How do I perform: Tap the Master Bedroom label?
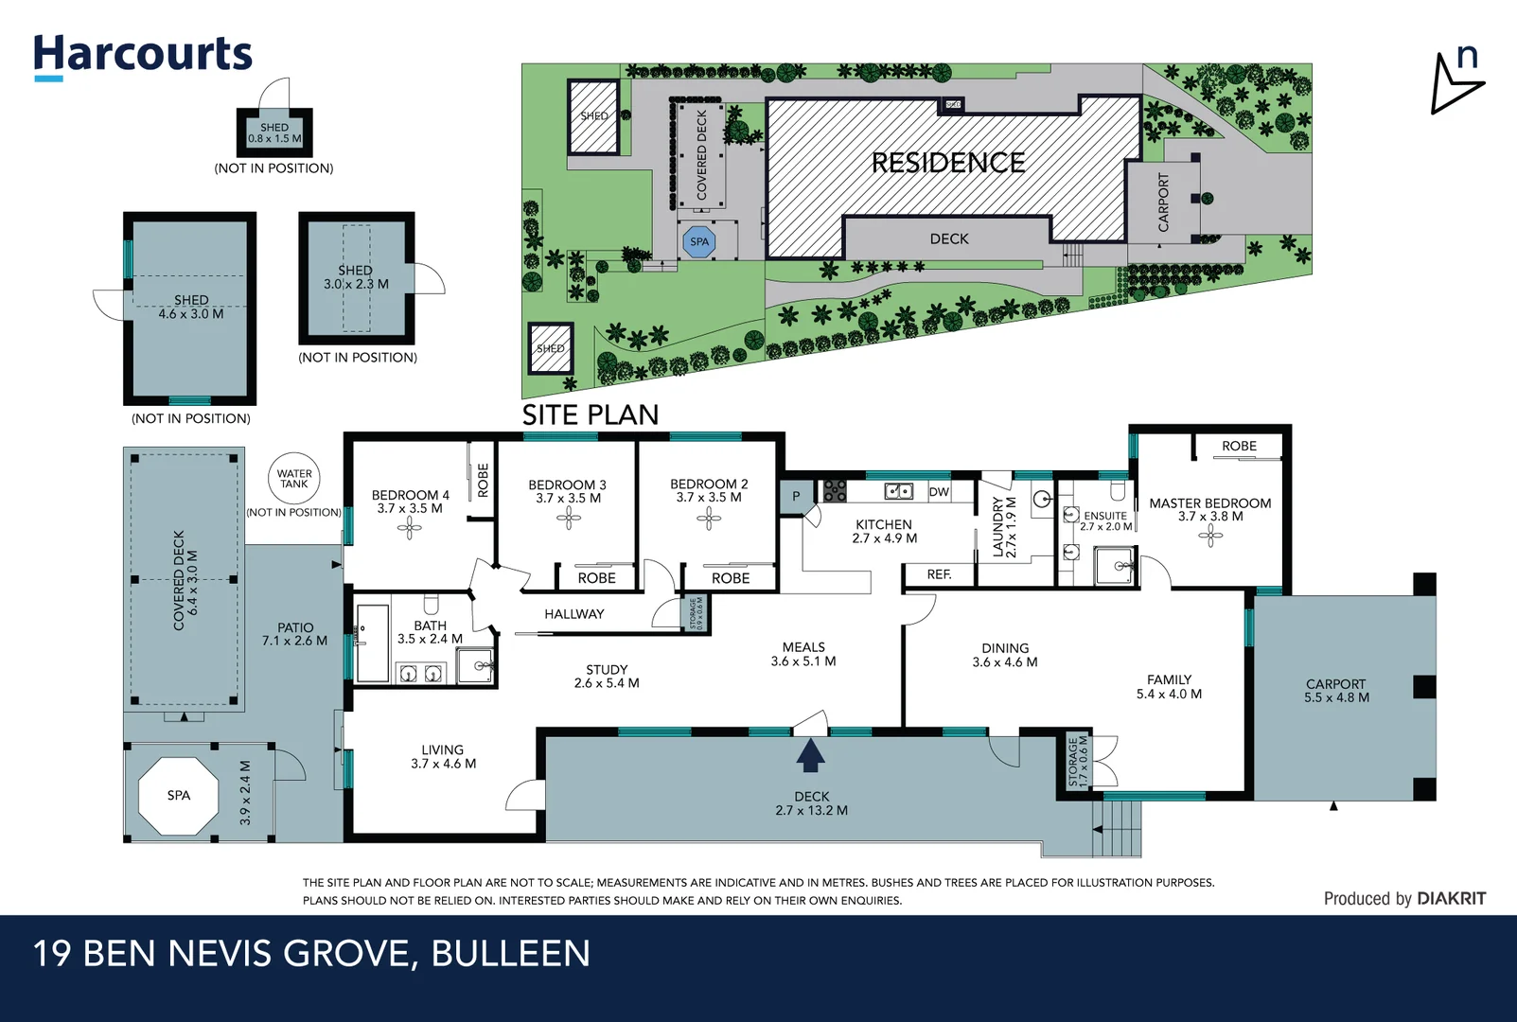[1209, 503]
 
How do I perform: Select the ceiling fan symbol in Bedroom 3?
[568, 517]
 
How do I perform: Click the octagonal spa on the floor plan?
[178, 796]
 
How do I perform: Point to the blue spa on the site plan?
[699, 242]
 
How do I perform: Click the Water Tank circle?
[294, 479]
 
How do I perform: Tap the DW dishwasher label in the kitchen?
[939, 492]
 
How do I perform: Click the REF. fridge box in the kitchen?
[939, 574]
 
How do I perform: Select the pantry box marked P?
[796, 496]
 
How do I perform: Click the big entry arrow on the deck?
[810, 755]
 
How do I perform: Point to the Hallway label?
[573, 614]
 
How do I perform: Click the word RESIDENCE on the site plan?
[948, 164]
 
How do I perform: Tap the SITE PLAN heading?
[590, 414]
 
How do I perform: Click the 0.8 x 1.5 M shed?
[274, 132]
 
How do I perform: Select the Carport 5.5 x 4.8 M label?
[1335, 691]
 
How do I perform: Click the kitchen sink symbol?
[898, 491]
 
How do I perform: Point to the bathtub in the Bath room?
[373, 643]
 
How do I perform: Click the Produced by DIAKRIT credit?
[1404, 899]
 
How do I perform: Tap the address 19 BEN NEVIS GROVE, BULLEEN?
[311, 954]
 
